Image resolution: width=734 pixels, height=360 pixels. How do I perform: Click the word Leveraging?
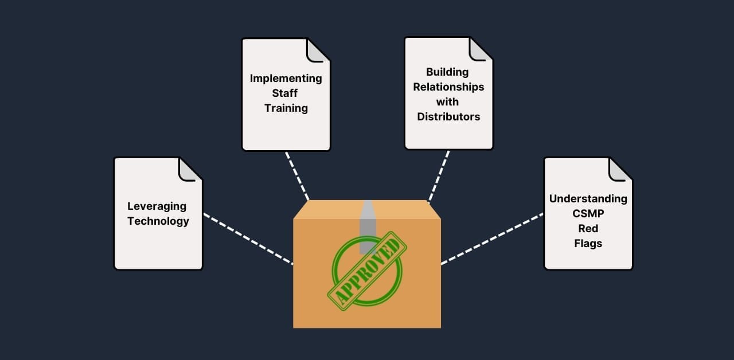[157, 206]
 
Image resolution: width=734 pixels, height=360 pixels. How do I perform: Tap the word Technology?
[158, 221]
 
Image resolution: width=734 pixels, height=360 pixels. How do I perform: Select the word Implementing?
[286, 78]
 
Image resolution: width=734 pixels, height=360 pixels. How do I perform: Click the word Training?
[286, 108]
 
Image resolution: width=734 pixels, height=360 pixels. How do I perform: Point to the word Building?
[447, 72]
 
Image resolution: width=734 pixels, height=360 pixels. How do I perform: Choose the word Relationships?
[448, 87]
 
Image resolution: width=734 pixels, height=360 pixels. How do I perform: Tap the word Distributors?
[448, 116]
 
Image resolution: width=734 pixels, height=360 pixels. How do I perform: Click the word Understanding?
[588, 198]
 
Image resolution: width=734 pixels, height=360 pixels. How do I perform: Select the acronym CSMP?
[588, 213]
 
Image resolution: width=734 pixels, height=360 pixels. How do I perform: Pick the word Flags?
[588, 243]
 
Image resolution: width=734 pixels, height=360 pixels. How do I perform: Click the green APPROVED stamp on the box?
[367, 271]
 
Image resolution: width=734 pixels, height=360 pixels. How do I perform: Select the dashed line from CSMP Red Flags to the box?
[492, 239]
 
